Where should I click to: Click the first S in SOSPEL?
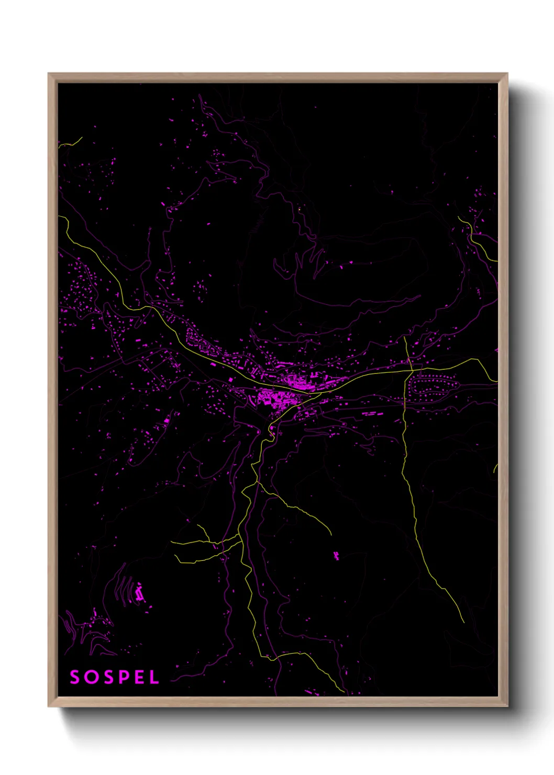coord(75,677)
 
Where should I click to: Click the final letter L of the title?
coord(154,677)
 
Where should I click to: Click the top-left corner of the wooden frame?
coord(49,74)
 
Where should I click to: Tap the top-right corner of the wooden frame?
coord(507,74)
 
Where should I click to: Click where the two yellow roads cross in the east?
coord(408,371)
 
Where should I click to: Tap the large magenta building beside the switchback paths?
coord(139,593)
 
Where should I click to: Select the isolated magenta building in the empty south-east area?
coord(336,555)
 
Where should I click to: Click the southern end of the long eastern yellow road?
coord(463,622)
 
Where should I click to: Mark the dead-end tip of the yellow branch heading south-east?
coord(331,534)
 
